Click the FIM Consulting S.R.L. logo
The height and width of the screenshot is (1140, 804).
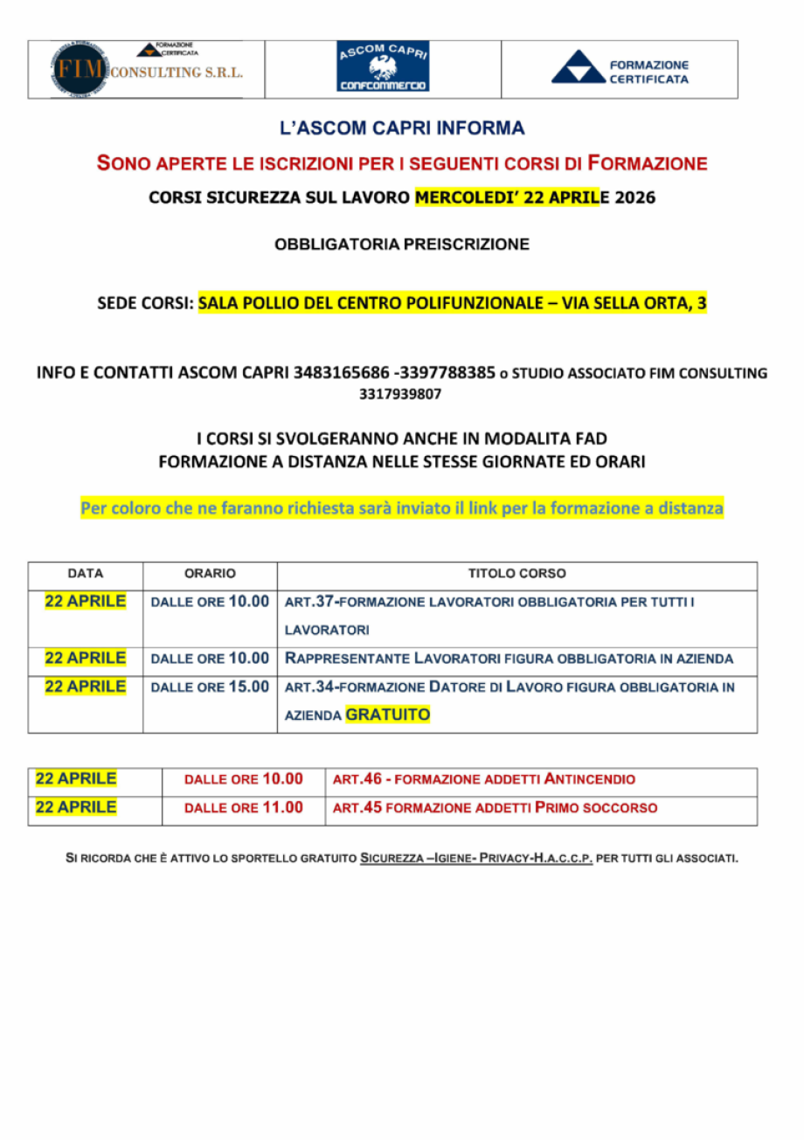coord(146,69)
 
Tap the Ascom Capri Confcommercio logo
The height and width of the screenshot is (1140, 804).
coord(383,68)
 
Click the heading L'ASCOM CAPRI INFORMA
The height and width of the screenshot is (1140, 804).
coord(402,129)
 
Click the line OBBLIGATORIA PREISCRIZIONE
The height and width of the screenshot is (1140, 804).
coord(402,245)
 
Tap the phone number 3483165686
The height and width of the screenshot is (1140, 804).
coord(343,373)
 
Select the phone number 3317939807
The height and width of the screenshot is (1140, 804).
coord(401,394)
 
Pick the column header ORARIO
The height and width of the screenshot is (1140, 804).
coord(210,574)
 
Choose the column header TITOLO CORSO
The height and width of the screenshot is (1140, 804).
coord(516,574)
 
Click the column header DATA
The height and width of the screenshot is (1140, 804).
coord(86,574)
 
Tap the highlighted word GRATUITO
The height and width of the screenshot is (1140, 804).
coord(388,715)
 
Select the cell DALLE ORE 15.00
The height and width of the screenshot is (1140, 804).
coord(210,687)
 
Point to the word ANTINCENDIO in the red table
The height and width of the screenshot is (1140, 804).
coord(590,779)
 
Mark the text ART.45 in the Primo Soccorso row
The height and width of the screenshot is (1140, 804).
coord(357,808)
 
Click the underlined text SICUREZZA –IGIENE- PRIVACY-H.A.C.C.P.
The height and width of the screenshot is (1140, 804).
coord(476,858)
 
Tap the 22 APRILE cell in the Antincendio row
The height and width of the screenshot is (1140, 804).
coord(75,779)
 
